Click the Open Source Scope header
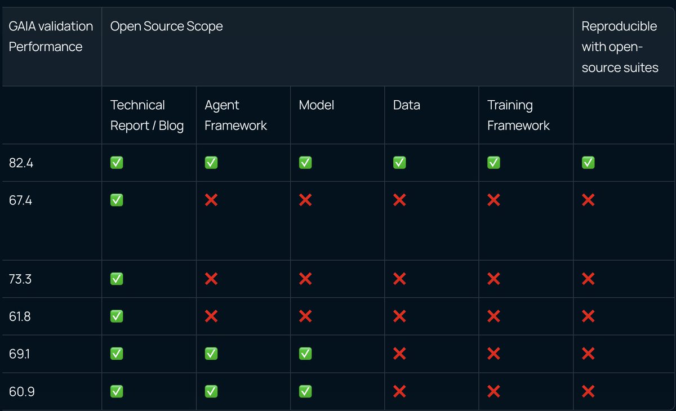(166, 26)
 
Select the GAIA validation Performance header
(51, 37)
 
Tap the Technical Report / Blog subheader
(146, 115)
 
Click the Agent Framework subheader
(235, 115)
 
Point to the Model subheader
(316, 105)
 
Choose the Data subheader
(407, 105)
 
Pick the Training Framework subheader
(518, 115)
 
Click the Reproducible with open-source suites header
(620, 47)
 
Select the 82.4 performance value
(21, 163)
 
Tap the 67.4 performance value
(20, 200)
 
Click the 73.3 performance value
(20, 279)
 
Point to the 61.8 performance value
(20, 316)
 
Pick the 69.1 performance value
(19, 354)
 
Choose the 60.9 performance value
(22, 391)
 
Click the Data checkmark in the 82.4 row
(399, 163)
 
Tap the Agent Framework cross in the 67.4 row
(211, 200)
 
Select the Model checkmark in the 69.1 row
(305, 354)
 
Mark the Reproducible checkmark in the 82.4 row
(588, 163)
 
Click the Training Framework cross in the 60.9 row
(493, 391)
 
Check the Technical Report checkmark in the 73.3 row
(117, 279)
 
